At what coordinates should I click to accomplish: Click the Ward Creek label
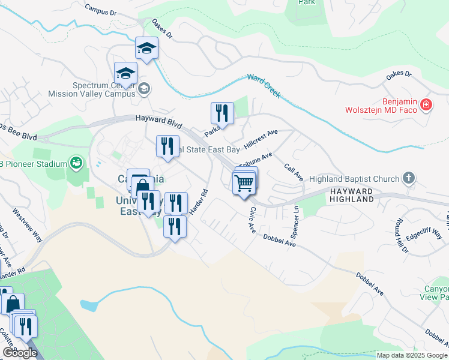pyautogui.click(x=264, y=86)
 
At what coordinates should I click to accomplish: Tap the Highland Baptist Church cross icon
pyautogui.click(x=408, y=178)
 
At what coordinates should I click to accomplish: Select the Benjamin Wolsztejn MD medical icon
pyautogui.click(x=426, y=105)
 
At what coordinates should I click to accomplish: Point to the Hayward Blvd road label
pyautogui.click(x=158, y=122)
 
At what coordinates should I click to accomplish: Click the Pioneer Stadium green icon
pyautogui.click(x=76, y=162)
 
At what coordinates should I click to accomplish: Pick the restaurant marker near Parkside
pyautogui.click(x=222, y=113)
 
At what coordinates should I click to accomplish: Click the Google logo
pyautogui.click(x=19, y=353)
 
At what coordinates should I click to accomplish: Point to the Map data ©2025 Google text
pyautogui.click(x=412, y=355)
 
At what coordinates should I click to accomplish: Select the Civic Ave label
pyautogui.click(x=253, y=220)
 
